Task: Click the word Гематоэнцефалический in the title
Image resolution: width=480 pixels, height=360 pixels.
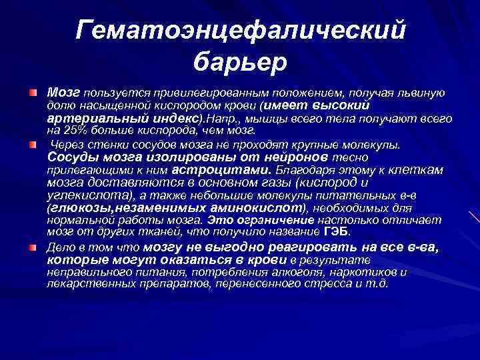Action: tap(241, 29)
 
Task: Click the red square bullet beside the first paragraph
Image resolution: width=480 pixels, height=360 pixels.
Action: tap(33, 90)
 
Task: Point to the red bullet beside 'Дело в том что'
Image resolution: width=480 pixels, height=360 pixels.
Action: tap(33, 247)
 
